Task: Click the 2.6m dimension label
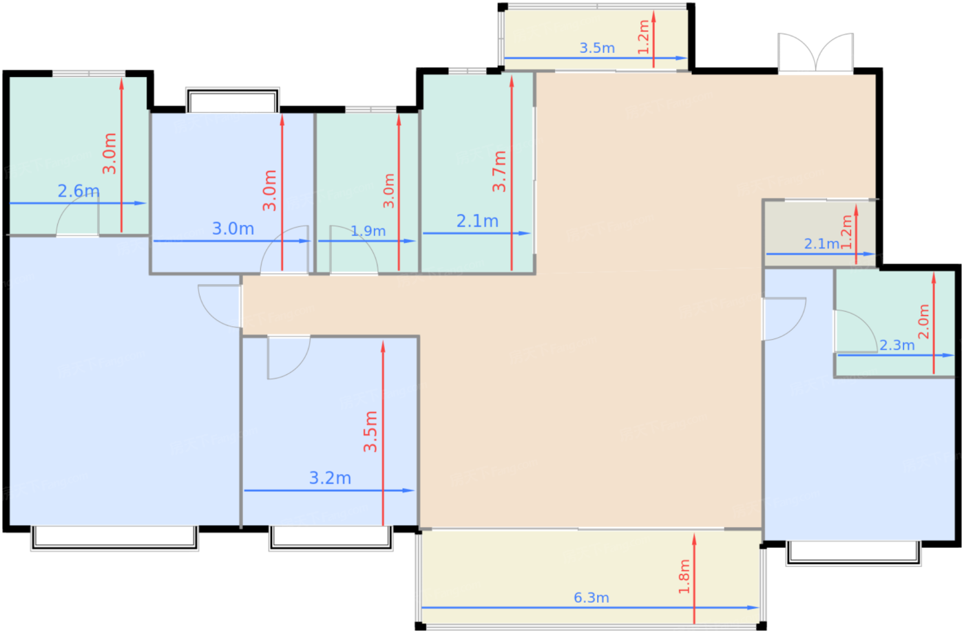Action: tap(78, 191)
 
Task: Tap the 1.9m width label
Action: tap(368, 231)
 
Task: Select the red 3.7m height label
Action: tap(500, 171)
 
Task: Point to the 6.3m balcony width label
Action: tap(591, 598)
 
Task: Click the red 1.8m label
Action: tap(684, 577)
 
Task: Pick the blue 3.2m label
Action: tap(330, 478)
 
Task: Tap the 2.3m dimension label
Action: tap(897, 345)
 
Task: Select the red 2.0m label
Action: tap(924, 322)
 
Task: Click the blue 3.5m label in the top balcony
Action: tap(598, 48)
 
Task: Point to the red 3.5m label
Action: tap(370, 432)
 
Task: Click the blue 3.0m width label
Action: tap(233, 228)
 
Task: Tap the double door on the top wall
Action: tap(815, 52)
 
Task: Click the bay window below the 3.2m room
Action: tap(331, 539)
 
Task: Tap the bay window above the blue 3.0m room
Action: tap(233, 100)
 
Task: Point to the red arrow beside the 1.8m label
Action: tap(694, 579)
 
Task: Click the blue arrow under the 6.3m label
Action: tap(590, 608)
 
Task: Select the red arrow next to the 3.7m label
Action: tap(512, 173)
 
